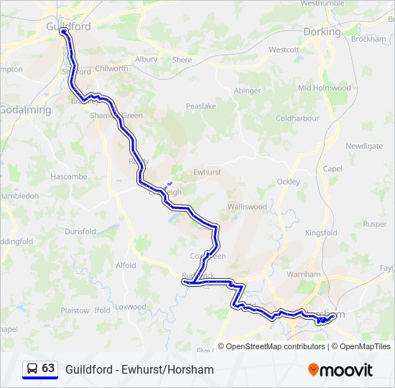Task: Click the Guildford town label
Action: (68, 27)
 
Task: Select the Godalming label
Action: (25, 110)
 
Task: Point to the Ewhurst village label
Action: (207, 172)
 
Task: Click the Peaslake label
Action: (201, 106)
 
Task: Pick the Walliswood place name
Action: (247, 206)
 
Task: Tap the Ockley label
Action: (288, 182)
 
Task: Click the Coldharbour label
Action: (297, 118)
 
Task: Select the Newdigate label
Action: (364, 146)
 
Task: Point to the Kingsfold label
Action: (321, 233)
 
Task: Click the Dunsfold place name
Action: (80, 231)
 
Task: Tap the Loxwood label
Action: (129, 307)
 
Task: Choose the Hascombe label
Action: (69, 176)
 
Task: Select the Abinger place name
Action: (248, 91)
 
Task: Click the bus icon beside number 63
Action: (32, 369)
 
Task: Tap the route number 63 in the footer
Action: (48, 369)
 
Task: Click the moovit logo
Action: (340, 370)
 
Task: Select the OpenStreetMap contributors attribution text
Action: (275, 346)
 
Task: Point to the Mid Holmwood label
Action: (325, 88)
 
